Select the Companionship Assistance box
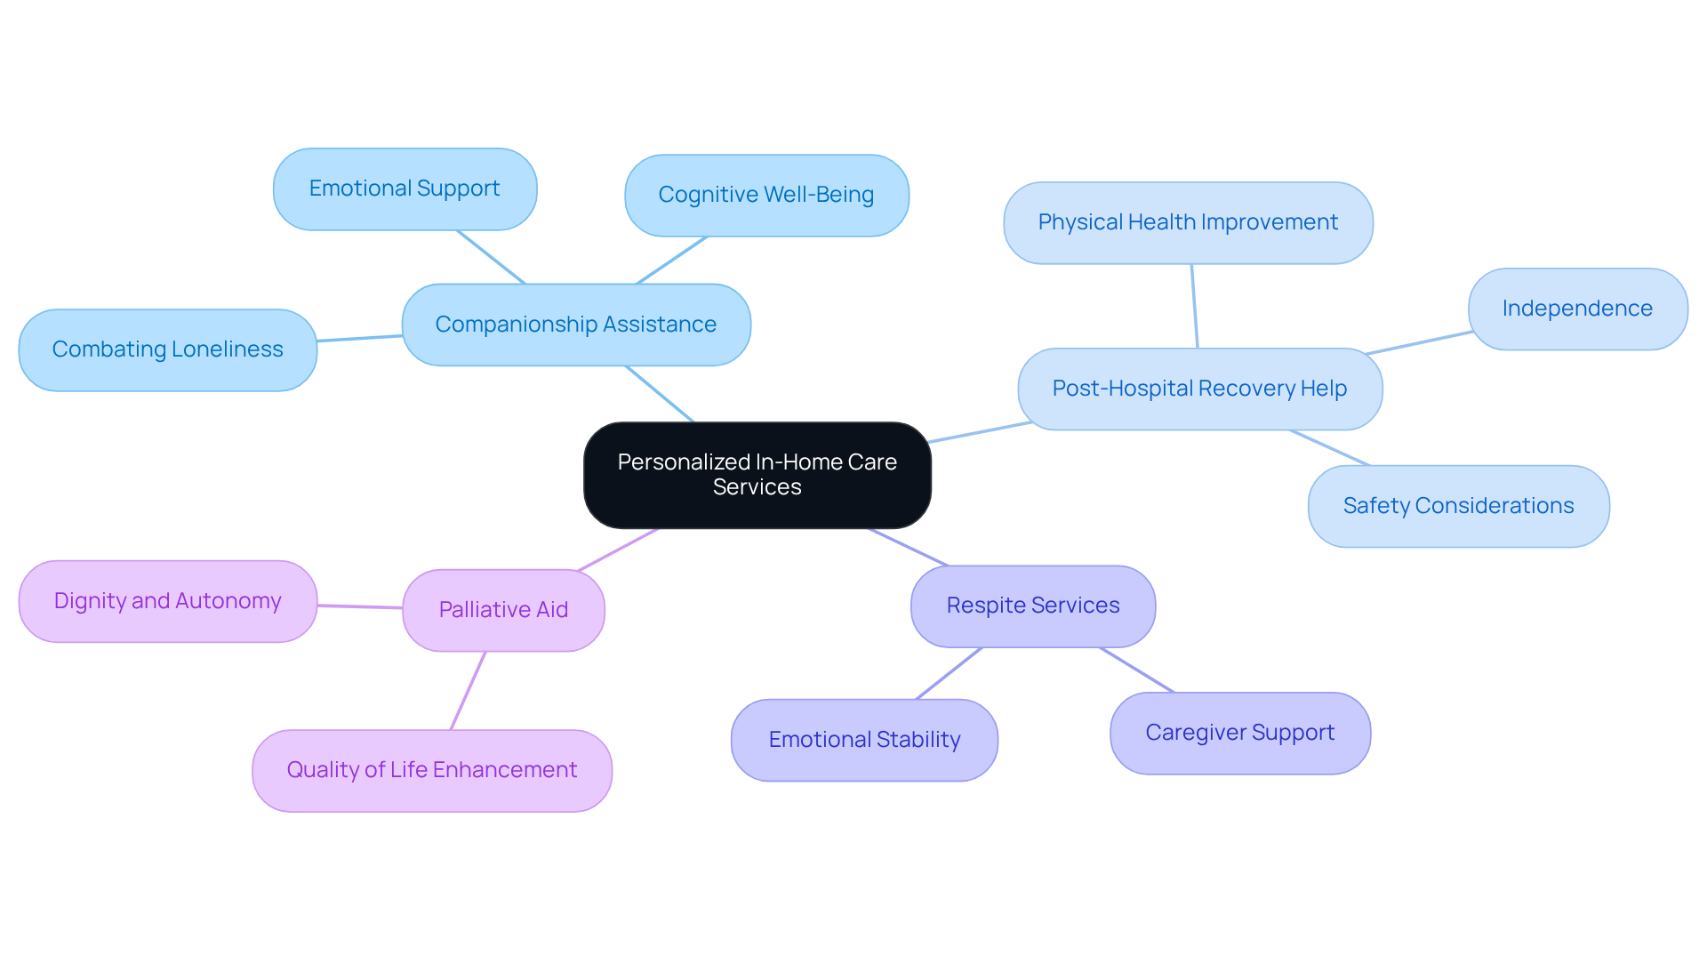point(576,325)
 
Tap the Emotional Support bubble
point(405,189)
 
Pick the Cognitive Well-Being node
point(766,195)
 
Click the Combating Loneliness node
point(167,349)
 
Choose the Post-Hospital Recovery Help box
point(1199,389)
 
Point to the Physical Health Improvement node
point(1188,222)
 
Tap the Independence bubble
point(1577,309)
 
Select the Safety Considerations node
point(1458,506)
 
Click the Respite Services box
point(1033,606)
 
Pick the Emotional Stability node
point(864,740)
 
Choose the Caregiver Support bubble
point(1239,733)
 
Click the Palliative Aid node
point(503,610)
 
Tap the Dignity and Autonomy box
point(167,601)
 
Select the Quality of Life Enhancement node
point(432,770)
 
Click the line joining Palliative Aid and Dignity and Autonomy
point(360,606)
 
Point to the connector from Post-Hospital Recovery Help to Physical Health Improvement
point(1195,306)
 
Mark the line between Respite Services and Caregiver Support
point(1137,670)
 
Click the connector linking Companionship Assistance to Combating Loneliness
point(360,338)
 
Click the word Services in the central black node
point(757,487)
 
